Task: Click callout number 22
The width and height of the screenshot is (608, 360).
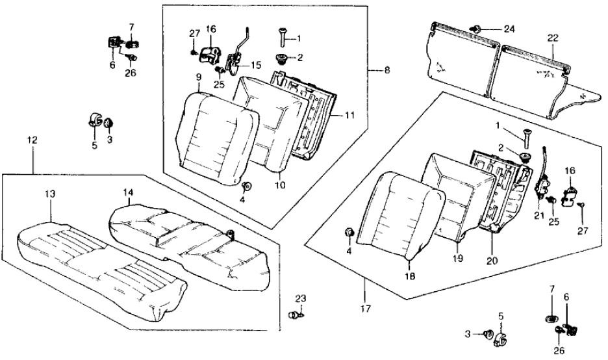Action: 553,38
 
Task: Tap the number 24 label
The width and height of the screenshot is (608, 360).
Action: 509,29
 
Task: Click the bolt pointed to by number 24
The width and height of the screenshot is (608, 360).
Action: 478,29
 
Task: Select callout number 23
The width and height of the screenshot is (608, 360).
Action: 299,299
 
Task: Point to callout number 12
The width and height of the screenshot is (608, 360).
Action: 32,140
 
